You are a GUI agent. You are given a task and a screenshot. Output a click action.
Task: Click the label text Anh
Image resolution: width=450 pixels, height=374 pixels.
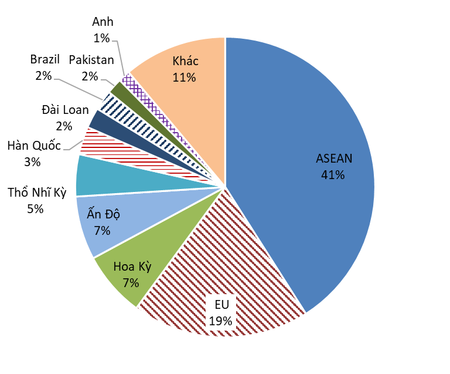[x=103, y=22]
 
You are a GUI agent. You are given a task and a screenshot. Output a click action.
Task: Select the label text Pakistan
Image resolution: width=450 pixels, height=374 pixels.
[x=91, y=60]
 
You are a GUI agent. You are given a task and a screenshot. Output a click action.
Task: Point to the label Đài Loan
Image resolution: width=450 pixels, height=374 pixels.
[x=65, y=110]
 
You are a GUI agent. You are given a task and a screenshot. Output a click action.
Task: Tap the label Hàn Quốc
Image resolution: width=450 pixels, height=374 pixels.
[x=34, y=145]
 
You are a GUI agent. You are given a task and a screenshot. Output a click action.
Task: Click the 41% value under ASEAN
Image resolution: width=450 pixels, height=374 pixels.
[x=333, y=174]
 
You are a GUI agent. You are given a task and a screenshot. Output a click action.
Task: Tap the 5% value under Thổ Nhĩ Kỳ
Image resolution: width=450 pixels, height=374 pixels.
[x=35, y=208]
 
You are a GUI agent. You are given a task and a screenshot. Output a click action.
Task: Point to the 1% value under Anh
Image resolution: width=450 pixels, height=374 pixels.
[x=102, y=38]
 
